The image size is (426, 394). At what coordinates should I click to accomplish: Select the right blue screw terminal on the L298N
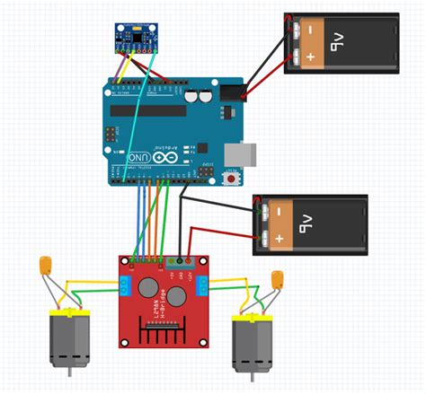(x=202, y=286)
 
